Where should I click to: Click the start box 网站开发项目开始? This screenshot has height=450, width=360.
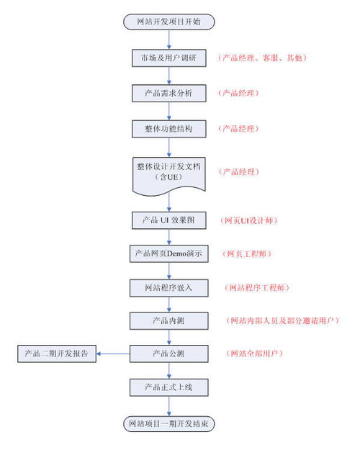pos(168,22)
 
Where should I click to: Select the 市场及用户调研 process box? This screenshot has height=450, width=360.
pos(169,57)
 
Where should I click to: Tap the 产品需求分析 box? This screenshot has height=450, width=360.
pos(169,93)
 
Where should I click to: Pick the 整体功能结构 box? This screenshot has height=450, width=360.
pos(169,128)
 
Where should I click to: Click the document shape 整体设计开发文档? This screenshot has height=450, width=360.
pos(169,172)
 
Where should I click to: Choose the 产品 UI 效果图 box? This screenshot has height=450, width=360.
pos(169,219)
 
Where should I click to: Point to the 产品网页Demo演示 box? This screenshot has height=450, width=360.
pos(169,254)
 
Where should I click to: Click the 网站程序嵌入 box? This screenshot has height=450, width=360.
pos(169,288)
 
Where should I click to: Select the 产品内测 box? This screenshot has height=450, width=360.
pos(169,320)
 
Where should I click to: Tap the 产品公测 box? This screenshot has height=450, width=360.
pos(169,354)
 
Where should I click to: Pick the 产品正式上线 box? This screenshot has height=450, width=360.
pos(169,387)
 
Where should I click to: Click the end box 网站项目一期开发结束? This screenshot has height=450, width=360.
pos(169,423)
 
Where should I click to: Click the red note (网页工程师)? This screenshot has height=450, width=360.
pos(248,254)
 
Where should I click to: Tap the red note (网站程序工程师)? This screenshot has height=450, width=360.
pos(257,288)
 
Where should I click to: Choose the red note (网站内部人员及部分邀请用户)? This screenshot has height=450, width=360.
pos(282,320)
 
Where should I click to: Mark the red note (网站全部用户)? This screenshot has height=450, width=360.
pos(255,354)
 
